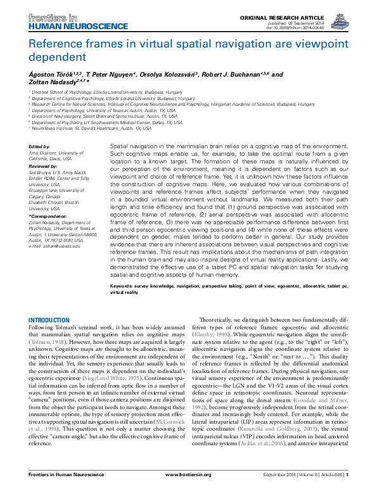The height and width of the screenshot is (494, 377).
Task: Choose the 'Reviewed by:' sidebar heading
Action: tap(43, 164)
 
